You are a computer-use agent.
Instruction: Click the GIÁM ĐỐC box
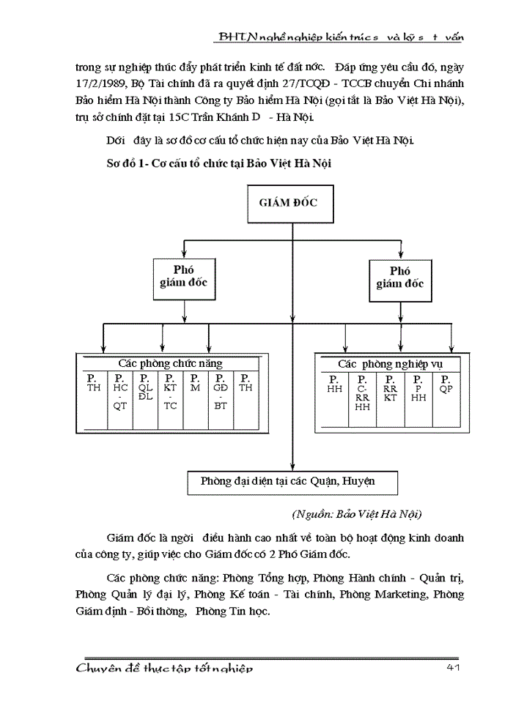tap(289, 203)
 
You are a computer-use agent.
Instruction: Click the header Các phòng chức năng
tap(171, 363)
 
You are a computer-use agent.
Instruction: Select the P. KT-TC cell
tap(170, 395)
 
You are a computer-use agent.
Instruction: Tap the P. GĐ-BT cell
tap(221, 395)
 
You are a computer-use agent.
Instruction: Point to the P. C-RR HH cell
tap(362, 395)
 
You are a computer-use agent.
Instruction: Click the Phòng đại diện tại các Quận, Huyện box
tap(288, 482)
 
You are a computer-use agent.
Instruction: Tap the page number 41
tap(453, 669)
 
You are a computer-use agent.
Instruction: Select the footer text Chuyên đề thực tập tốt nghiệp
tap(165, 669)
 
